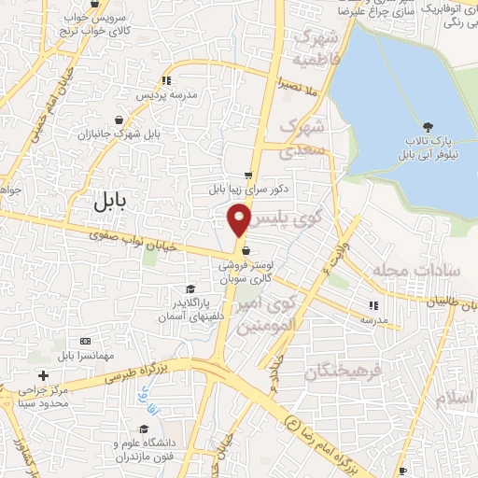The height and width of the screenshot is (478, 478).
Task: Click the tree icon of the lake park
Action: [428, 126]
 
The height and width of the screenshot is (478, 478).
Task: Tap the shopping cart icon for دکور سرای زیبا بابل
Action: [248, 175]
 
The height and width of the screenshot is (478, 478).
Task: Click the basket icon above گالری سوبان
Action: [245, 250]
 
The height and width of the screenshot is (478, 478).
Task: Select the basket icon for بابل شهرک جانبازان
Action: [120, 119]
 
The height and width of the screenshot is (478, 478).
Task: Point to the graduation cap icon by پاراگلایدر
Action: [191, 289]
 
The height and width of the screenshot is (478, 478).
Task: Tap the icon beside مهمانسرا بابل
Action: [87, 341]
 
